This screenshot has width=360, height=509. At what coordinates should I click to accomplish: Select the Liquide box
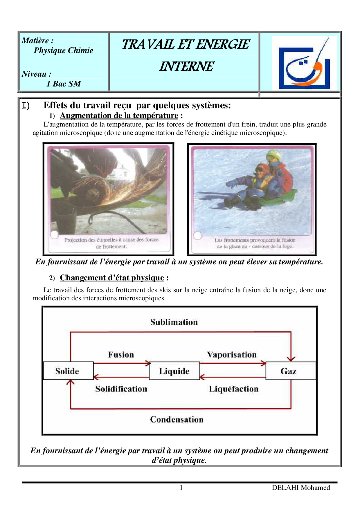(174, 371)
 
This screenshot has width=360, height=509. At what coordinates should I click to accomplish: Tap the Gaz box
(290, 371)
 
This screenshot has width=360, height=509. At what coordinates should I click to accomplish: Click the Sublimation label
(174, 322)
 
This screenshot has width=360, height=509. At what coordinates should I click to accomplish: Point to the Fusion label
(121, 354)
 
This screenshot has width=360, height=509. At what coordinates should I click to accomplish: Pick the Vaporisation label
(232, 354)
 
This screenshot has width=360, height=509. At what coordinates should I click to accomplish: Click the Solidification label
(121, 389)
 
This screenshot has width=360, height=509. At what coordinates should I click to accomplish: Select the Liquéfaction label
(234, 389)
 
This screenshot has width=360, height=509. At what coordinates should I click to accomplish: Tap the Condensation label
(177, 419)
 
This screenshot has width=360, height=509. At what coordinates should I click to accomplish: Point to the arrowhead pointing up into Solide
(71, 382)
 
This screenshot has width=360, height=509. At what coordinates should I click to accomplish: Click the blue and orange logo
(304, 62)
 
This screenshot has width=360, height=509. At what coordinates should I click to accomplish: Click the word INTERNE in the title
(186, 66)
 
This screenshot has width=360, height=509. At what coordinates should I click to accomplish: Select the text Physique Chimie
(63, 50)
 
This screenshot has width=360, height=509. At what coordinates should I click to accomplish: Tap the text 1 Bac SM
(64, 84)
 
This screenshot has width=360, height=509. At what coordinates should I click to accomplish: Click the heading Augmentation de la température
(119, 115)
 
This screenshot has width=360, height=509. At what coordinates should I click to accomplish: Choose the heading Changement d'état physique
(112, 278)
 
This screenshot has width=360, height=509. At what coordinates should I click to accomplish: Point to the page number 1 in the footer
(181, 488)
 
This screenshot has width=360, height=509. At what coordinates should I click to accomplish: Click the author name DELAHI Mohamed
(301, 488)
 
